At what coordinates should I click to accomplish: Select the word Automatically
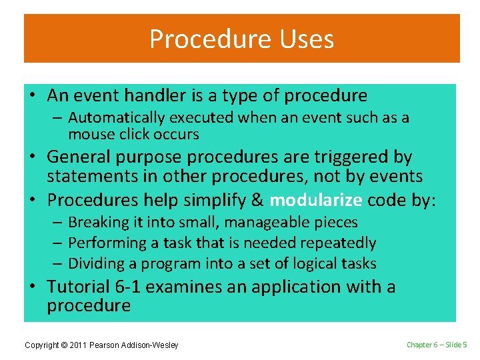click(116, 118)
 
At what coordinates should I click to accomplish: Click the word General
click(79, 157)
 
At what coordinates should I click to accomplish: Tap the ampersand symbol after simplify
click(257, 200)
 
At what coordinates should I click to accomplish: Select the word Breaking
click(98, 223)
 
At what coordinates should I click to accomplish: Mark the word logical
click(307, 264)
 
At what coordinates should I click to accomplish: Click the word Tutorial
click(79, 287)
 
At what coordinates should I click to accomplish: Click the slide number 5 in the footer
click(465, 345)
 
